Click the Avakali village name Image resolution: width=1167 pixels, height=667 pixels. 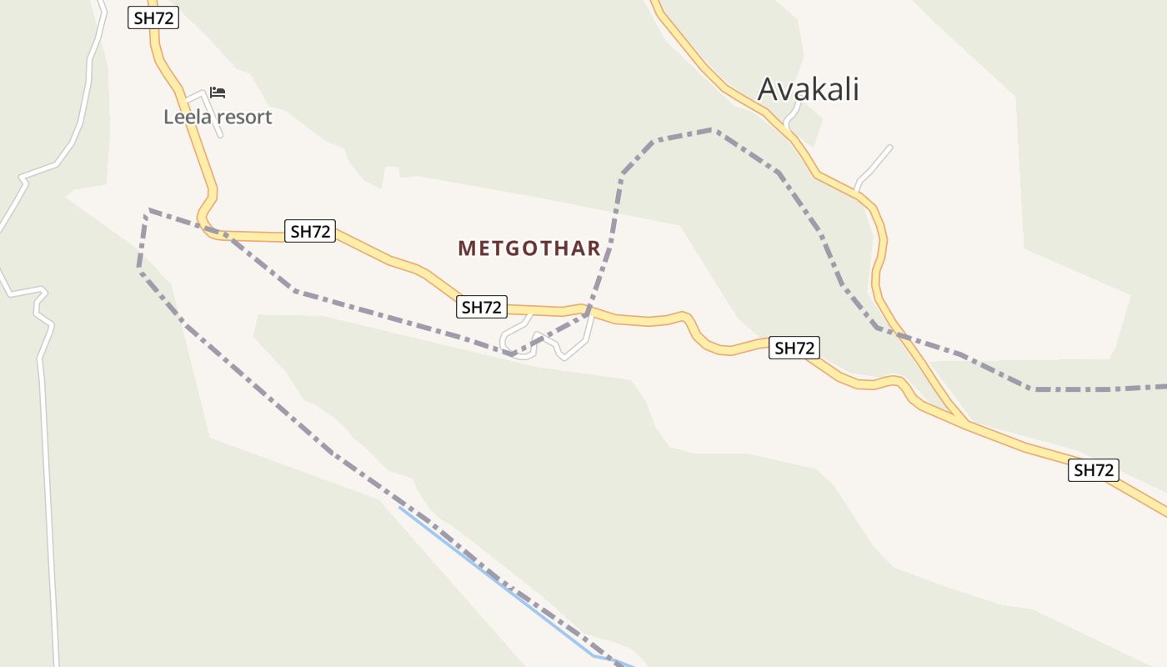click(808, 89)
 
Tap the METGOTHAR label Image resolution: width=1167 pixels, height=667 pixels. click(529, 248)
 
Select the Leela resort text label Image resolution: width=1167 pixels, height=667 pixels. click(218, 117)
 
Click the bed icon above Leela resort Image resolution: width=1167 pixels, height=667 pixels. click(218, 92)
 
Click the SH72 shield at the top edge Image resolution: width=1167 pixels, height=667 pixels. click(153, 18)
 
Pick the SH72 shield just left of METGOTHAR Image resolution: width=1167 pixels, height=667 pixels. click(310, 232)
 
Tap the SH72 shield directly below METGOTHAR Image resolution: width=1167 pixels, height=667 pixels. click(482, 307)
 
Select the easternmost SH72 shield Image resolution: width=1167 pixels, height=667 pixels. click(1094, 470)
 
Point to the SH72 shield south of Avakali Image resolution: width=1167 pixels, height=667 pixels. click(794, 348)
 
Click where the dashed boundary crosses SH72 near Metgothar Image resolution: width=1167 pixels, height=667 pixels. click(588, 312)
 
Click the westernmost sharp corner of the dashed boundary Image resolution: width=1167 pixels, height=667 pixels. click(148, 210)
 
